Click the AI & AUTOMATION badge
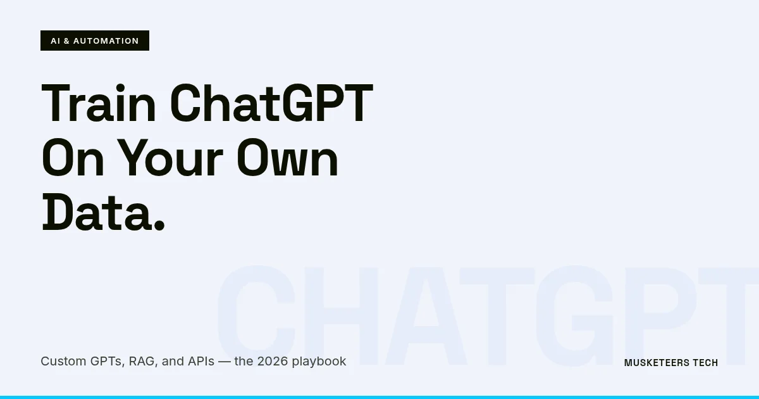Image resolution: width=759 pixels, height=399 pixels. tap(95, 41)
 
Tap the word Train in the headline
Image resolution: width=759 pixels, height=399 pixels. tap(99, 103)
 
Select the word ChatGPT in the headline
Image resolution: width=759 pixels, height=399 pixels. tap(271, 103)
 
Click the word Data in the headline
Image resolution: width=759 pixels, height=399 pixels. tap(91, 213)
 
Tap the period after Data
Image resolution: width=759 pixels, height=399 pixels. tap(159, 225)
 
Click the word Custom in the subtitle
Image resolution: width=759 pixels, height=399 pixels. tap(61, 362)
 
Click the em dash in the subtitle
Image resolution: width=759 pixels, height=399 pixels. tap(224, 362)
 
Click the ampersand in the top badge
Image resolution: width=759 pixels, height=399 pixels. tap(66, 41)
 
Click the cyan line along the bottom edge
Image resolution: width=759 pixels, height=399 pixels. tap(379, 397)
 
